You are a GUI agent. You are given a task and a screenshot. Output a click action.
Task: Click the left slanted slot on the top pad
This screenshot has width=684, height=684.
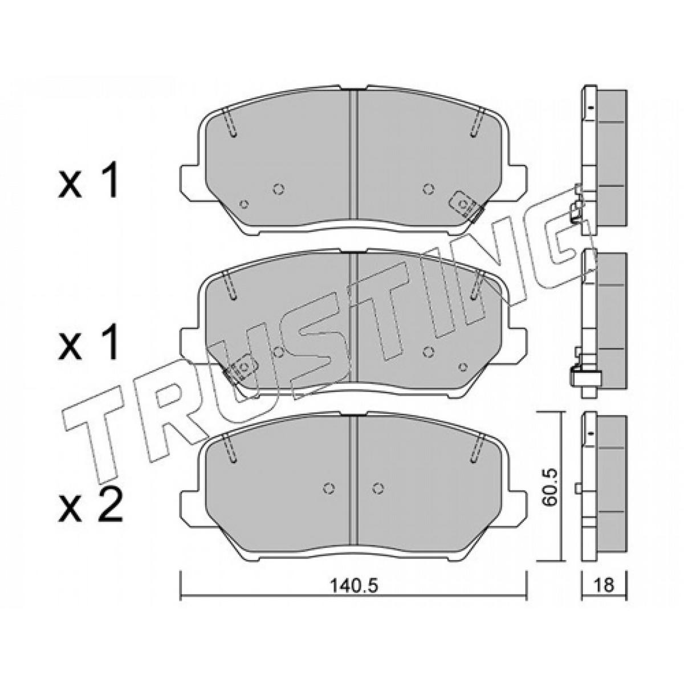click(x=230, y=123)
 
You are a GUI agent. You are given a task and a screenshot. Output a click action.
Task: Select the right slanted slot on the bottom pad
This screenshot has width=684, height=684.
click(x=477, y=449)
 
